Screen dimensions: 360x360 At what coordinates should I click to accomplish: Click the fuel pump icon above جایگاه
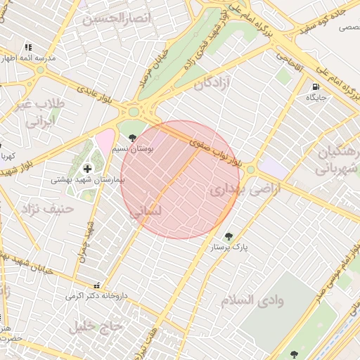pos(314,86)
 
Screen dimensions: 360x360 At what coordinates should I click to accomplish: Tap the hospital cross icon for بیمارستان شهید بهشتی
pos(87,169)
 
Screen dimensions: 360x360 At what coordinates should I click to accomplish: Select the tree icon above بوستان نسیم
pos(132,127)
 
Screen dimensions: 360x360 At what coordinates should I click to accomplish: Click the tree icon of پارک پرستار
pos(228,236)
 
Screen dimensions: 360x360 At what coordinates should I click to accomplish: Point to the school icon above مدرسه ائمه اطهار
pos(28,47)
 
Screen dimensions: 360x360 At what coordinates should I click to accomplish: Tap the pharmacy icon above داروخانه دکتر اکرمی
pos(96,285)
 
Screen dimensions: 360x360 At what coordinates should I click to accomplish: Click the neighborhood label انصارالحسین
pos(117,18)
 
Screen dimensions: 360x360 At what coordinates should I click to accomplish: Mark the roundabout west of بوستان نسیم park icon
pos(132,111)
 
